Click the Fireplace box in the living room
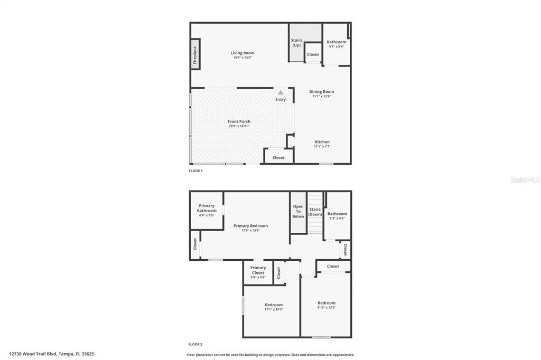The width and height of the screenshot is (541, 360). click(195, 54)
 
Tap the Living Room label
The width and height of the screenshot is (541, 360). click(242, 53)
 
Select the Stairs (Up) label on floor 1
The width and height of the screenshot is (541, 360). click(296, 42)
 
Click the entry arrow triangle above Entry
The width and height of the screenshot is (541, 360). click(281, 92)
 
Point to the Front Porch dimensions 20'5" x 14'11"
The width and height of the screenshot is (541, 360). click(239, 126)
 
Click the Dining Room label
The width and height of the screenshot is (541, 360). click(321, 92)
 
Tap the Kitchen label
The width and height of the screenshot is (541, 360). click(322, 142)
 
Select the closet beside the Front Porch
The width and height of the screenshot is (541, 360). click(278, 157)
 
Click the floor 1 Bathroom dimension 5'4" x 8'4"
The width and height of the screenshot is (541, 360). click(337, 46)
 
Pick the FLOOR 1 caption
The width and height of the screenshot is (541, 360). click(195, 171)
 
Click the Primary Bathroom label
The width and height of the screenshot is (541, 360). click(207, 208)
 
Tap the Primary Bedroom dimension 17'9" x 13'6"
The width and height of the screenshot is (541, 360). click(250, 230)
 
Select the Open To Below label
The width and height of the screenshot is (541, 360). click(299, 211)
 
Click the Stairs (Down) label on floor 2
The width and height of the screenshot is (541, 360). click(315, 212)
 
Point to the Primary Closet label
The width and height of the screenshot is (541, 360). click(258, 270)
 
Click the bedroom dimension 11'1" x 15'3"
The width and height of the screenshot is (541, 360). click(274, 309)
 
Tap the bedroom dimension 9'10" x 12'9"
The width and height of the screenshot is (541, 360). click(327, 307)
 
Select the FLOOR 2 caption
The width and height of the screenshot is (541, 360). click(195, 344)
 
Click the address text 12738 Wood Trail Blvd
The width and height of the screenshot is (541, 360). click(33, 354)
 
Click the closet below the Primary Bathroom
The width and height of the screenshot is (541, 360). click(195, 244)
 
